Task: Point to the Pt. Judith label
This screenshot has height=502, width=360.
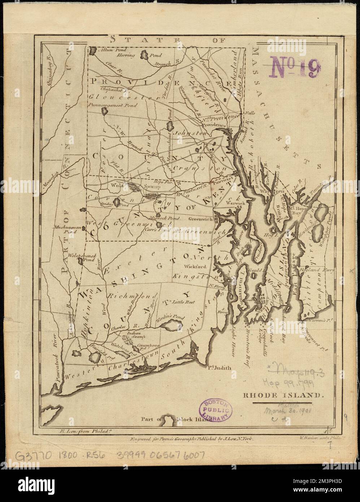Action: click(x=219, y=369)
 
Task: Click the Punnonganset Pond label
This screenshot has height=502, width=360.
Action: click(x=112, y=105)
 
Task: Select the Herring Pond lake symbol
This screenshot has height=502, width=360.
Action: click(x=146, y=56)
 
